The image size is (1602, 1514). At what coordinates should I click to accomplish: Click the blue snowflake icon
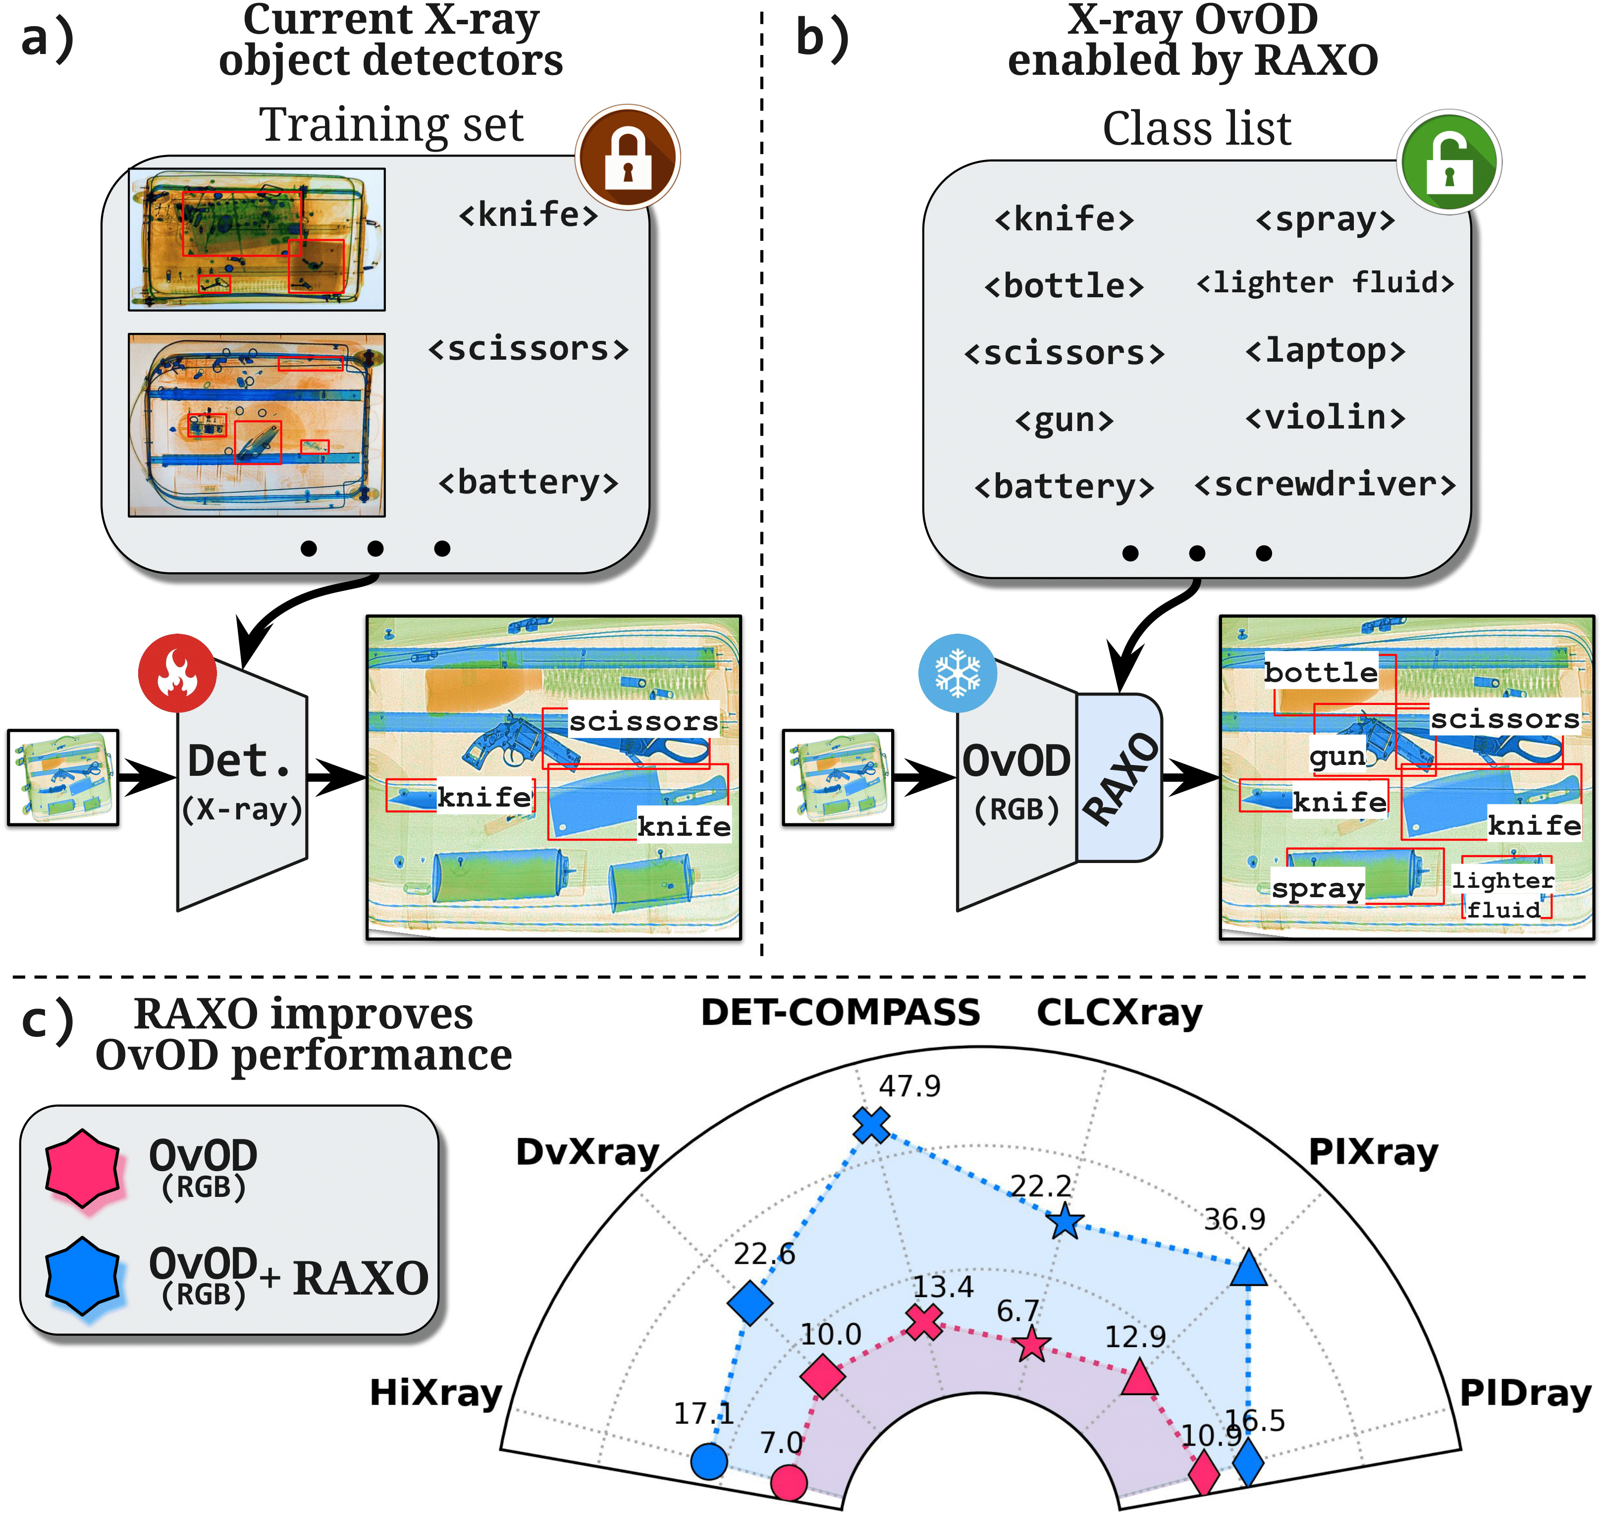(x=957, y=672)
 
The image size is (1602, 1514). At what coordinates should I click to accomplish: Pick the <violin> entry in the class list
(x=1325, y=417)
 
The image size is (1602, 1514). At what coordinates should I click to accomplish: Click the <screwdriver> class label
(x=1325, y=484)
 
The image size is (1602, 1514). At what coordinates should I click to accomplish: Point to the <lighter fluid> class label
(x=1325, y=282)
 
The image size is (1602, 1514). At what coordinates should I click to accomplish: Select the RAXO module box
(x=1120, y=778)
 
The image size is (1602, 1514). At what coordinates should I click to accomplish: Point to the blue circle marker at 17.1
(x=708, y=1460)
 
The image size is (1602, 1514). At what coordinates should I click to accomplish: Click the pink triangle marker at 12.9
(x=1139, y=1378)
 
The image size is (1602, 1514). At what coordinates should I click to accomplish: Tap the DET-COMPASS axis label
(x=840, y=1012)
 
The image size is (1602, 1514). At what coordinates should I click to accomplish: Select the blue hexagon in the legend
(x=82, y=1276)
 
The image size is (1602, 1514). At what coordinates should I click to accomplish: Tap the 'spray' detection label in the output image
(x=1317, y=888)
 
